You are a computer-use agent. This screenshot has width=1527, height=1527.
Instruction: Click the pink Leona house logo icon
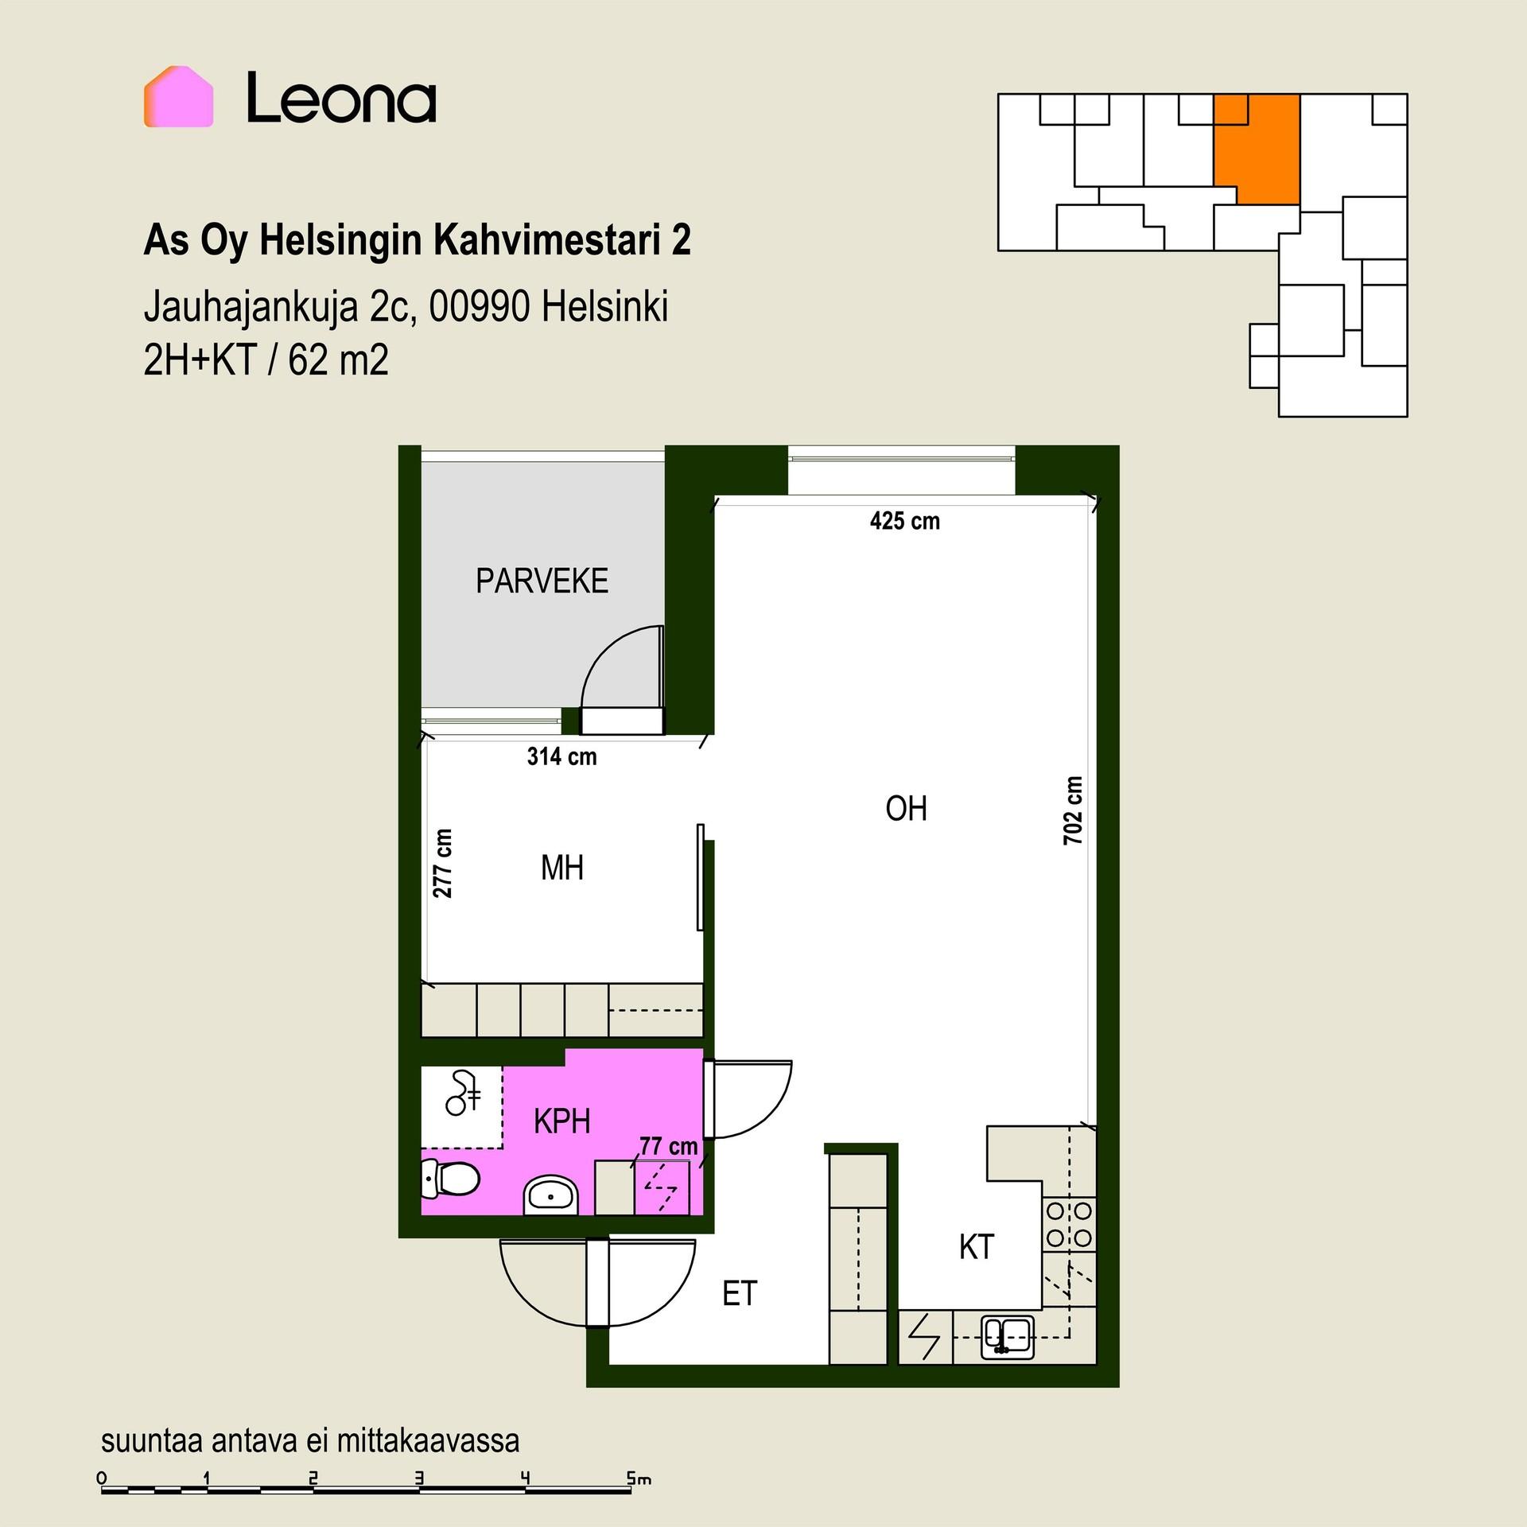click(178, 96)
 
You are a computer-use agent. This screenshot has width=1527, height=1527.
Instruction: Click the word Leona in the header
click(341, 98)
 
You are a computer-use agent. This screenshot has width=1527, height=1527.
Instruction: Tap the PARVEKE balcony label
click(542, 581)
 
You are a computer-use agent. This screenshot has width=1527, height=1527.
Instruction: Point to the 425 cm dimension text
click(905, 521)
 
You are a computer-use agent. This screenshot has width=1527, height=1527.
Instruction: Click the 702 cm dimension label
click(1073, 810)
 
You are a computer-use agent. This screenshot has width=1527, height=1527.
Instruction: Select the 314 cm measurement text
click(561, 756)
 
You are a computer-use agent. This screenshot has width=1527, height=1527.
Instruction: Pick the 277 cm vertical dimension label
click(442, 864)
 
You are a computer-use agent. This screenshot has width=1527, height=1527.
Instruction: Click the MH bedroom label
click(562, 868)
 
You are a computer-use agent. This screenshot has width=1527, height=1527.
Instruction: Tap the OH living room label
click(906, 809)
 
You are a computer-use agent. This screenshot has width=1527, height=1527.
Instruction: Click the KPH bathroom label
click(561, 1121)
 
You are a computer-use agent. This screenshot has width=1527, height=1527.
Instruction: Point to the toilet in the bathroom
click(450, 1178)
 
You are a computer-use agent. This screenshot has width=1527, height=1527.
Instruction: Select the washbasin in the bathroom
click(551, 1195)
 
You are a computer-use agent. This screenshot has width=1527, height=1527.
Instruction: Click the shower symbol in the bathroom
click(464, 1093)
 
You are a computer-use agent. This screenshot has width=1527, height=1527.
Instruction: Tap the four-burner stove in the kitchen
click(1069, 1224)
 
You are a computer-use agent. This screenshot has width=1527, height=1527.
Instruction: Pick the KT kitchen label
click(977, 1247)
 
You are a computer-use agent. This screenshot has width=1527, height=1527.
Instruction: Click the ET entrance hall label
click(740, 1294)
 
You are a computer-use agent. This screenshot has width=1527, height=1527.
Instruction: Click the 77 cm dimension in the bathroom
click(668, 1146)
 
